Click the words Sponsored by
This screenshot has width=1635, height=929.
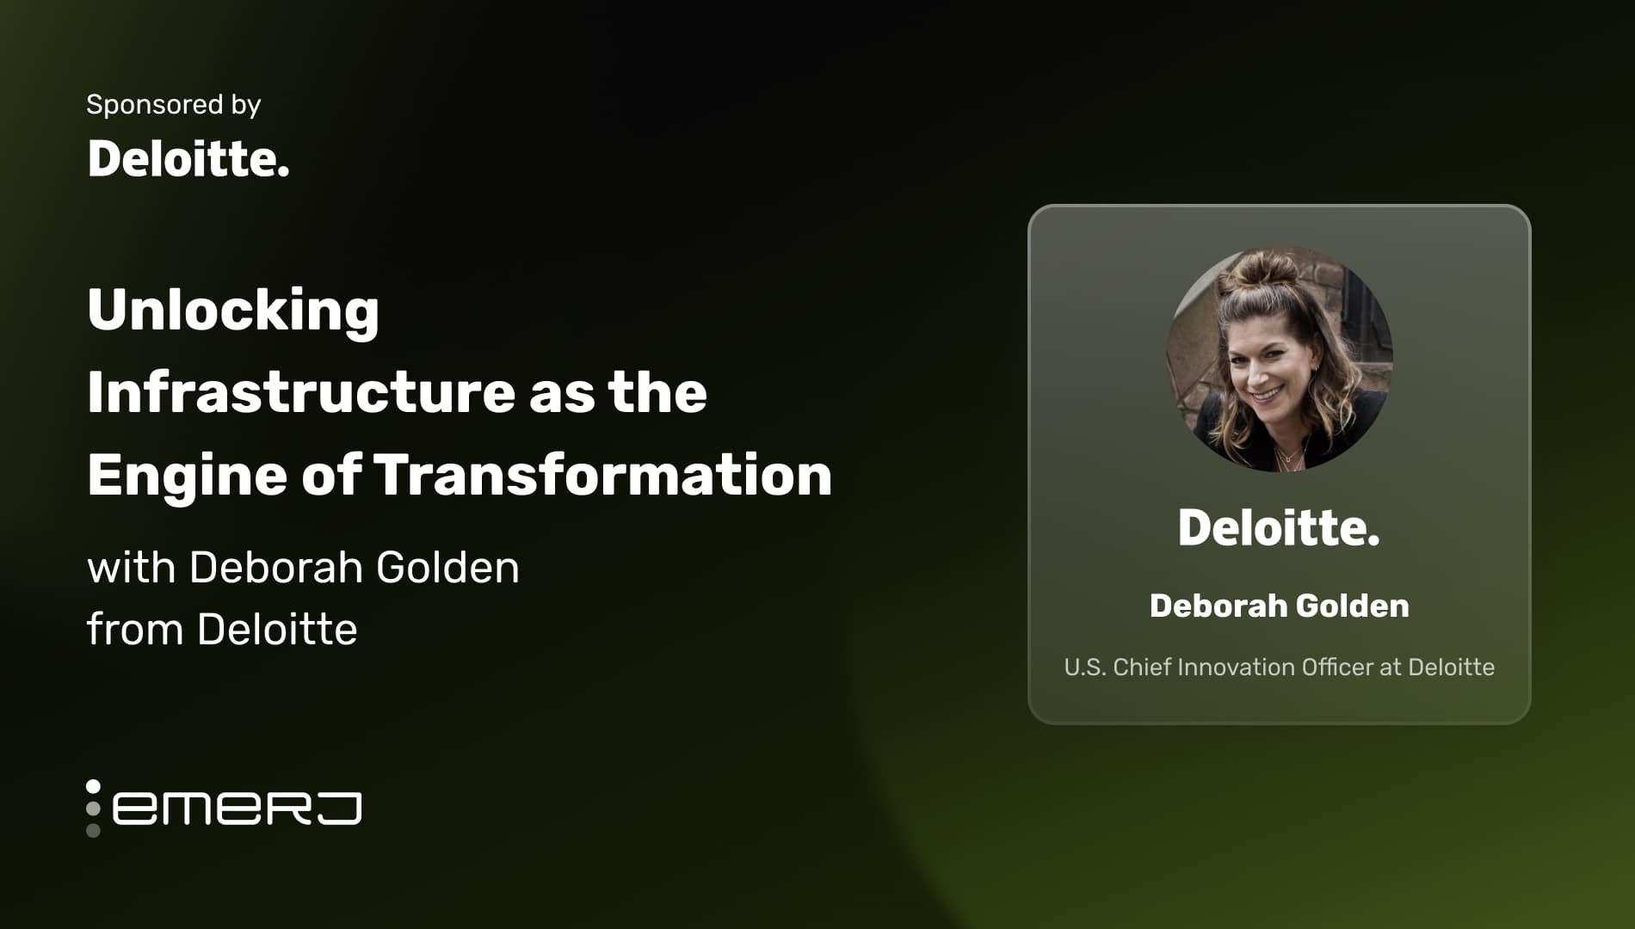pyautogui.click(x=173, y=105)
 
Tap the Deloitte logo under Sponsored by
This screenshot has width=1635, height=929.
pyautogui.click(x=188, y=159)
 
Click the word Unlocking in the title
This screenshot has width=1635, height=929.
pyautogui.click(x=233, y=310)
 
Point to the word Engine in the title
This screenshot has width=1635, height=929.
pyautogui.click(x=187, y=476)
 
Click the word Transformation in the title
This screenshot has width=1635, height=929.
pyautogui.click(x=602, y=475)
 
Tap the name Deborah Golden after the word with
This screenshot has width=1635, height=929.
pyautogui.click(x=354, y=568)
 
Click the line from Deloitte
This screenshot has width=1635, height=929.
pyautogui.click(x=222, y=629)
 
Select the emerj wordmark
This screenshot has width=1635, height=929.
pyautogui.click(x=237, y=809)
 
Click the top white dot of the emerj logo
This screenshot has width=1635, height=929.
pyautogui.click(x=93, y=786)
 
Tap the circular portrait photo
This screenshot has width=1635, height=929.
pyautogui.click(x=1279, y=360)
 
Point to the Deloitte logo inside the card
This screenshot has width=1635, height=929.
pyautogui.click(x=1278, y=527)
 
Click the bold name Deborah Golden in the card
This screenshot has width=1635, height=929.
pyautogui.click(x=1279, y=606)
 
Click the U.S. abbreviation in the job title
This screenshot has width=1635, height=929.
pyautogui.click(x=1084, y=668)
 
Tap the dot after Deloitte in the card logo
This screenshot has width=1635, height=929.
pyautogui.click(x=1373, y=543)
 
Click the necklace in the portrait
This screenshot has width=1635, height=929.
pyautogui.click(x=1288, y=456)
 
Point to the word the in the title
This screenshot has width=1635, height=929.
pyautogui.click(x=657, y=392)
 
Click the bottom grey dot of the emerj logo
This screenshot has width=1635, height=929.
pyautogui.click(x=93, y=830)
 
